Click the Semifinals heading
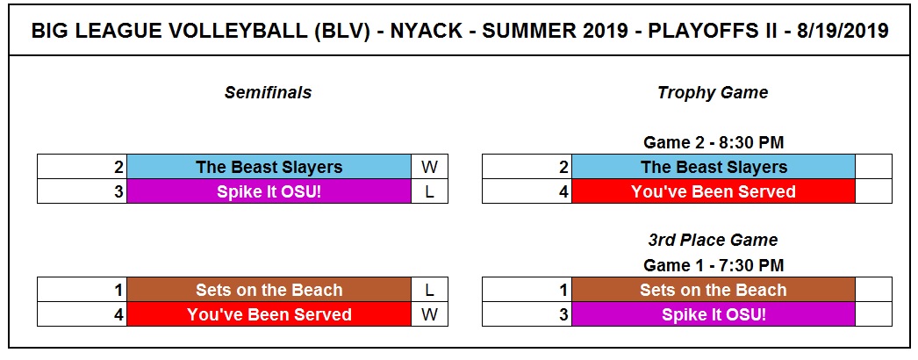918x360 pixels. pos(269,92)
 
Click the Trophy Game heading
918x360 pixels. pos(713,92)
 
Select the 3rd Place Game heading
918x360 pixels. pos(713,240)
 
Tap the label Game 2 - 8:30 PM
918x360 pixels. pos(714,142)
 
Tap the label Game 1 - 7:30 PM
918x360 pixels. pos(714,265)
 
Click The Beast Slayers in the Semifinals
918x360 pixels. pos(269,167)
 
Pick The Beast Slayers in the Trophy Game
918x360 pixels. pos(714,167)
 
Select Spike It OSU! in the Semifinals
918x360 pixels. pos(269,191)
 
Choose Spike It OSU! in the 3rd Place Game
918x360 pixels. pos(714,314)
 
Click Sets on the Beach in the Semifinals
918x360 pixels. pos(269,290)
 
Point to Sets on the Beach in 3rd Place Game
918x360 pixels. pos(714,290)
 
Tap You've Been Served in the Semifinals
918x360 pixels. pos(269,314)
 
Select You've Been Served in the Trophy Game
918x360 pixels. pos(714,191)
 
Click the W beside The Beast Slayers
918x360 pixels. pos(429,167)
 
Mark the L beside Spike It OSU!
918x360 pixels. pos(429,191)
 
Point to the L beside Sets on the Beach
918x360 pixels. pos(429,290)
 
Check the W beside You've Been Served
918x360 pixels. pos(429,314)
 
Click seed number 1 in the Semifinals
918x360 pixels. pos(119,290)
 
